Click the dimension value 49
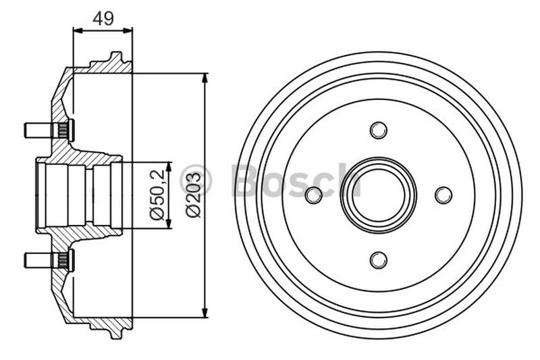pyautogui.click(x=103, y=19)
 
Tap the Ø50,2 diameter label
pyautogui.click(x=157, y=195)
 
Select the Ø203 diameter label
pyautogui.click(x=193, y=195)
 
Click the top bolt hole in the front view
pyautogui.click(x=379, y=130)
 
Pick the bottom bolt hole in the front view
pyautogui.click(x=379, y=260)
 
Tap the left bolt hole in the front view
pyautogui.click(x=314, y=195)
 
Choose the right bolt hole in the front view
pyautogui.click(x=443, y=195)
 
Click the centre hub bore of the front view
pyautogui.click(x=379, y=195)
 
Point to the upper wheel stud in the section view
pyautogui.click(x=49, y=130)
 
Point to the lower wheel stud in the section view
pyautogui.click(x=49, y=260)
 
